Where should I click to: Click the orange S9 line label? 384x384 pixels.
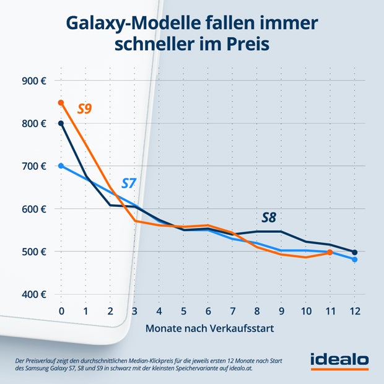(x=85, y=109)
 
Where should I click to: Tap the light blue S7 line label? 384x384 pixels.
(x=129, y=183)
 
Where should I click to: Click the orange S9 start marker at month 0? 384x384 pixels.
(x=61, y=102)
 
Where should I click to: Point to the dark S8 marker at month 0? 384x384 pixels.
(x=61, y=123)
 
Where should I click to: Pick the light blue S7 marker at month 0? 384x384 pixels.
(x=61, y=165)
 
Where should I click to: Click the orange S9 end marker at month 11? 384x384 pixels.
(x=329, y=252)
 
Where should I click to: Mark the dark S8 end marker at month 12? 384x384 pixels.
(x=354, y=252)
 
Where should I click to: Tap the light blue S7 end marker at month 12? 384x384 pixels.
(x=354, y=260)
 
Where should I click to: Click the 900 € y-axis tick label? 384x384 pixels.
(x=35, y=81)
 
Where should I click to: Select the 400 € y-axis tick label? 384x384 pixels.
(x=35, y=294)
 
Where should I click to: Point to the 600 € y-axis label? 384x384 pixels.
(x=35, y=209)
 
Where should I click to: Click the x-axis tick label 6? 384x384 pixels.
(x=207, y=310)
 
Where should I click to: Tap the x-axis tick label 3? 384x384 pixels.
(x=134, y=310)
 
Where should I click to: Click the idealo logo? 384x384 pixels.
(x=339, y=360)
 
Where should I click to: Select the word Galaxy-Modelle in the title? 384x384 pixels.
(x=121, y=24)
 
